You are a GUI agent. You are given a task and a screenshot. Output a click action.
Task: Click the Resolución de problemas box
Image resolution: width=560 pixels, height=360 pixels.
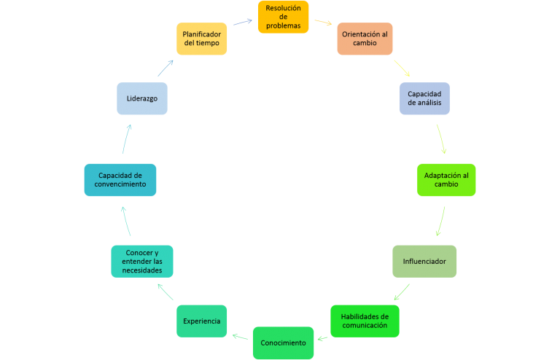(x=283, y=17)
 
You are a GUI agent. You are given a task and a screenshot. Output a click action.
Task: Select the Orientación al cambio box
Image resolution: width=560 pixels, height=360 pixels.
(x=365, y=39)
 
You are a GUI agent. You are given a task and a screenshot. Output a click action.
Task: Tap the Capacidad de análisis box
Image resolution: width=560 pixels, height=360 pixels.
(x=424, y=98)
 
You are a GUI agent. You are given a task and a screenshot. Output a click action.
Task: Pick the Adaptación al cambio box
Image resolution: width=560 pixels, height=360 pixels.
(x=446, y=179)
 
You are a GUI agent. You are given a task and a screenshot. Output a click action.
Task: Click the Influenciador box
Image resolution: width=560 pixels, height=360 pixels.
(x=424, y=261)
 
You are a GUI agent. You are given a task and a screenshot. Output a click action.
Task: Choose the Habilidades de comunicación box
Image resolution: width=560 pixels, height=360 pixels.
(x=365, y=321)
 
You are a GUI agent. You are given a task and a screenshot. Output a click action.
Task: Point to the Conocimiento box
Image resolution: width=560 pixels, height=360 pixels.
(x=284, y=343)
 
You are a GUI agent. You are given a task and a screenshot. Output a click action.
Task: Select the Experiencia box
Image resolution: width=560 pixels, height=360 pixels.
(x=201, y=321)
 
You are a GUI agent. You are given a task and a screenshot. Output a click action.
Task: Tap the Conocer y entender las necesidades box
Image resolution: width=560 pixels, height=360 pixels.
(x=142, y=261)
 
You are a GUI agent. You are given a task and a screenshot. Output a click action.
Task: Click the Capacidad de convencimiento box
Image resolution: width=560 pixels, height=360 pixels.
(x=120, y=179)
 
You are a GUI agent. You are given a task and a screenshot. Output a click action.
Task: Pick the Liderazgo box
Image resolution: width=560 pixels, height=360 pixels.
(x=142, y=98)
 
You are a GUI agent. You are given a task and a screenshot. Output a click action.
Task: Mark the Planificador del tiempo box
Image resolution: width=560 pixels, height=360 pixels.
(x=202, y=39)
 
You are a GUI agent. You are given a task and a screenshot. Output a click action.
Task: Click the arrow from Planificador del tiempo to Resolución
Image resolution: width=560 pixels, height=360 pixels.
(x=243, y=28)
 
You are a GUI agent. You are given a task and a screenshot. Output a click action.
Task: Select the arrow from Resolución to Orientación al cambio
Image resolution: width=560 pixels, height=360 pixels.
(x=323, y=23)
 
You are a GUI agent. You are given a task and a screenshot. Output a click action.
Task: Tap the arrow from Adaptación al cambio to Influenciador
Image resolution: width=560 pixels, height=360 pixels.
(x=440, y=220)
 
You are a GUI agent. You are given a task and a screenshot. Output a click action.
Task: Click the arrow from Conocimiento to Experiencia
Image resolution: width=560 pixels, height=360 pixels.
(x=240, y=337)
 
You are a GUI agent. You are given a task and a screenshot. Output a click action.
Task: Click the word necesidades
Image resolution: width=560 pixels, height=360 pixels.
(x=142, y=270)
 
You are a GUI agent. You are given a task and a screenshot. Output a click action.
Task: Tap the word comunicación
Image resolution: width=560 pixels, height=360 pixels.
(x=365, y=326)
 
